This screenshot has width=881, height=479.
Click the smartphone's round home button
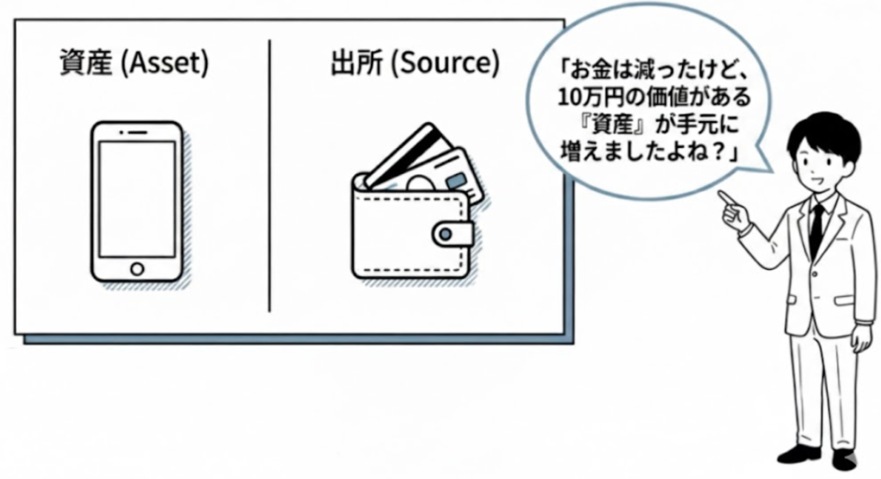pyautogui.click(x=137, y=268)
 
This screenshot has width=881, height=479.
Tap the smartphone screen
pyautogui.click(x=137, y=197)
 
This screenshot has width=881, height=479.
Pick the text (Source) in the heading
pyautogui.click(x=443, y=64)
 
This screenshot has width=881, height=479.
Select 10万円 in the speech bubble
pyautogui.click(x=586, y=93)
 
